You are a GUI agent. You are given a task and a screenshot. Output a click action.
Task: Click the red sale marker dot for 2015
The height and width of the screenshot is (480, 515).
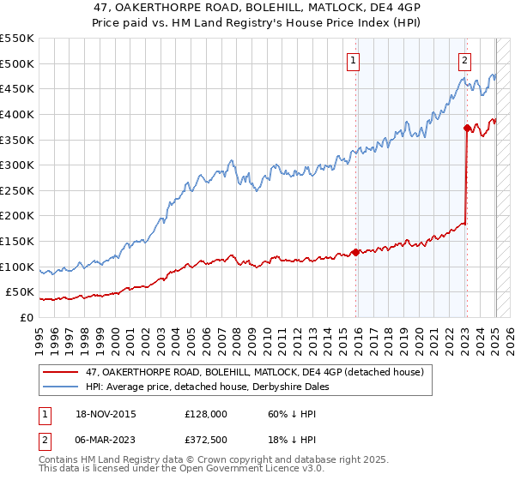[355, 252]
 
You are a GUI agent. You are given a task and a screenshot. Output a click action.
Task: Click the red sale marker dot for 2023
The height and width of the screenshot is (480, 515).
[466, 129]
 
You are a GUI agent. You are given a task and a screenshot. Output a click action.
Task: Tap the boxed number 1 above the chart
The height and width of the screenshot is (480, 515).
[354, 60]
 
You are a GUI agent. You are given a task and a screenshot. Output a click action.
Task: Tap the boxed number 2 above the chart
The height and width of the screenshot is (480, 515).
[464, 60]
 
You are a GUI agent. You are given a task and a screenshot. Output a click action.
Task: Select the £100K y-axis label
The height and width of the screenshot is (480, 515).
[17, 267]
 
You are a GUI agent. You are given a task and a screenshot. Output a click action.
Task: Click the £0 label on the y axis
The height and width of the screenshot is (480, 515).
[26, 317]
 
